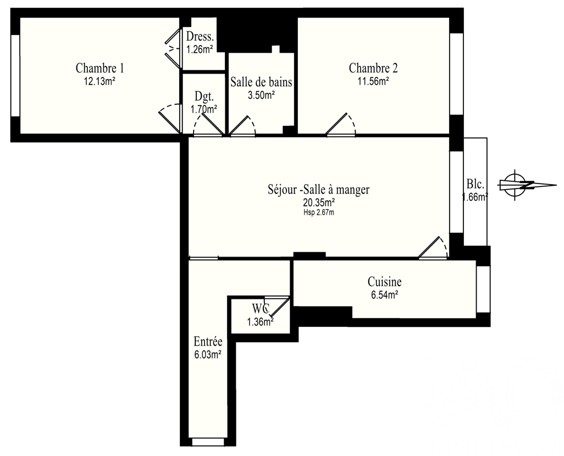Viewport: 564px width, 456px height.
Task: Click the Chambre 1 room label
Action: click(99, 68)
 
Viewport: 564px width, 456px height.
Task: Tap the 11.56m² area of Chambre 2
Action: click(373, 81)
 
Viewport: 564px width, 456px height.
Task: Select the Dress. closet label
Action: click(200, 37)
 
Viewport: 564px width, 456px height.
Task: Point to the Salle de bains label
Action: click(261, 82)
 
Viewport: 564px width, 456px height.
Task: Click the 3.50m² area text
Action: click(261, 95)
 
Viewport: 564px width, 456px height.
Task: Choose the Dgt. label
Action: click(204, 96)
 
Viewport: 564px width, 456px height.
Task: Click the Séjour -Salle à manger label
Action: click(319, 189)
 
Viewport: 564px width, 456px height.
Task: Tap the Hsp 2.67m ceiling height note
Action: click(319, 213)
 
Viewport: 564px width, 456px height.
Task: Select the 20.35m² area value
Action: click(319, 203)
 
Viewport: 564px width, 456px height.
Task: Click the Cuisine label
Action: click(384, 281)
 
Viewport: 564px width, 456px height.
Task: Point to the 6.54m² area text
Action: click(384, 295)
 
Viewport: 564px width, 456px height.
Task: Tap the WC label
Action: click(261, 308)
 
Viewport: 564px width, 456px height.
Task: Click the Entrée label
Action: click(208, 341)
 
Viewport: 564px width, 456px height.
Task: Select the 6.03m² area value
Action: click(208, 355)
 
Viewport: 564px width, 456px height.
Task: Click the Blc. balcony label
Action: click(475, 184)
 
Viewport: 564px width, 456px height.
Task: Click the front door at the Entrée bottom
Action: click(209, 442)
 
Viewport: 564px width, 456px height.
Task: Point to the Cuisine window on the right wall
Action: click(483, 290)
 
